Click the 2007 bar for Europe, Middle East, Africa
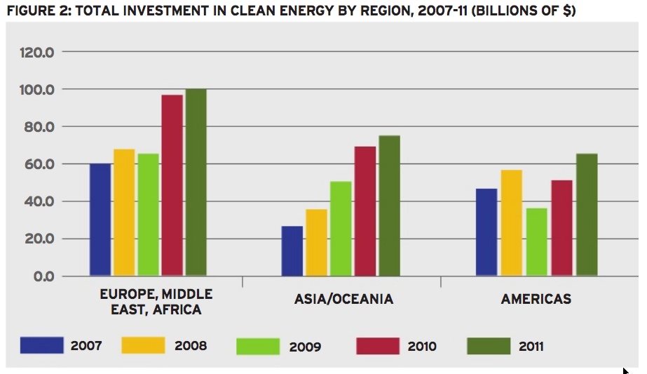point(100,219)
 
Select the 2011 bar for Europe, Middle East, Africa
point(196,182)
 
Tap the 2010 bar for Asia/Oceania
point(365,211)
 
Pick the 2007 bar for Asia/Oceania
point(292,251)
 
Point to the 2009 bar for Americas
point(536,241)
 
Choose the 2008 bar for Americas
point(512,222)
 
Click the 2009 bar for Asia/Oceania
point(341,228)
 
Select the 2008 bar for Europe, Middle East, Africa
point(124,212)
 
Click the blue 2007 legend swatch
point(42,346)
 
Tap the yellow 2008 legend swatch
point(144,346)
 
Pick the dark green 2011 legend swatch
point(489,346)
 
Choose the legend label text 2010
point(421,347)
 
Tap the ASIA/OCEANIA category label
point(343,299)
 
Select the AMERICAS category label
point(536,299)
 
